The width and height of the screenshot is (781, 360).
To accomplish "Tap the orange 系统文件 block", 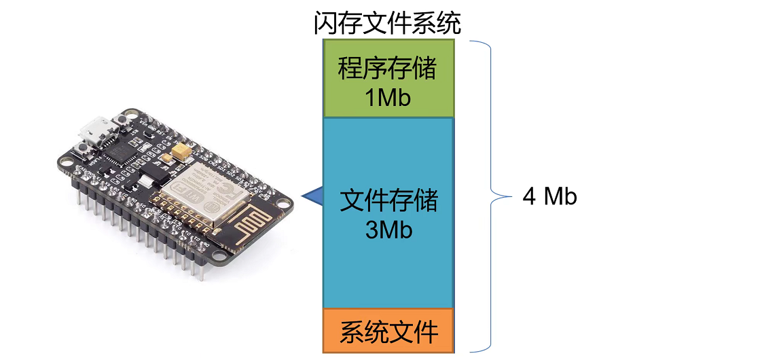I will tap(388, 332).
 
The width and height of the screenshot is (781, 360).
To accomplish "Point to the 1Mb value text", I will tap(388, 98).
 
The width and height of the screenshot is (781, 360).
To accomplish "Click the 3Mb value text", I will tap(388, 230).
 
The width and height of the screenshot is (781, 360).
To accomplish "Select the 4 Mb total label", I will tap(549, 196).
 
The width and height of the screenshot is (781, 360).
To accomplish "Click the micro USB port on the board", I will tap(95, 130).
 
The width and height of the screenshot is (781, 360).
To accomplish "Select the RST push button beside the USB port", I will tap(121, 120).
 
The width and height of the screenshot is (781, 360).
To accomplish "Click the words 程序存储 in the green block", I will tap(388, 70).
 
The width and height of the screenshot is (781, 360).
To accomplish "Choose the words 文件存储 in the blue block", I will tap(388, 202).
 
